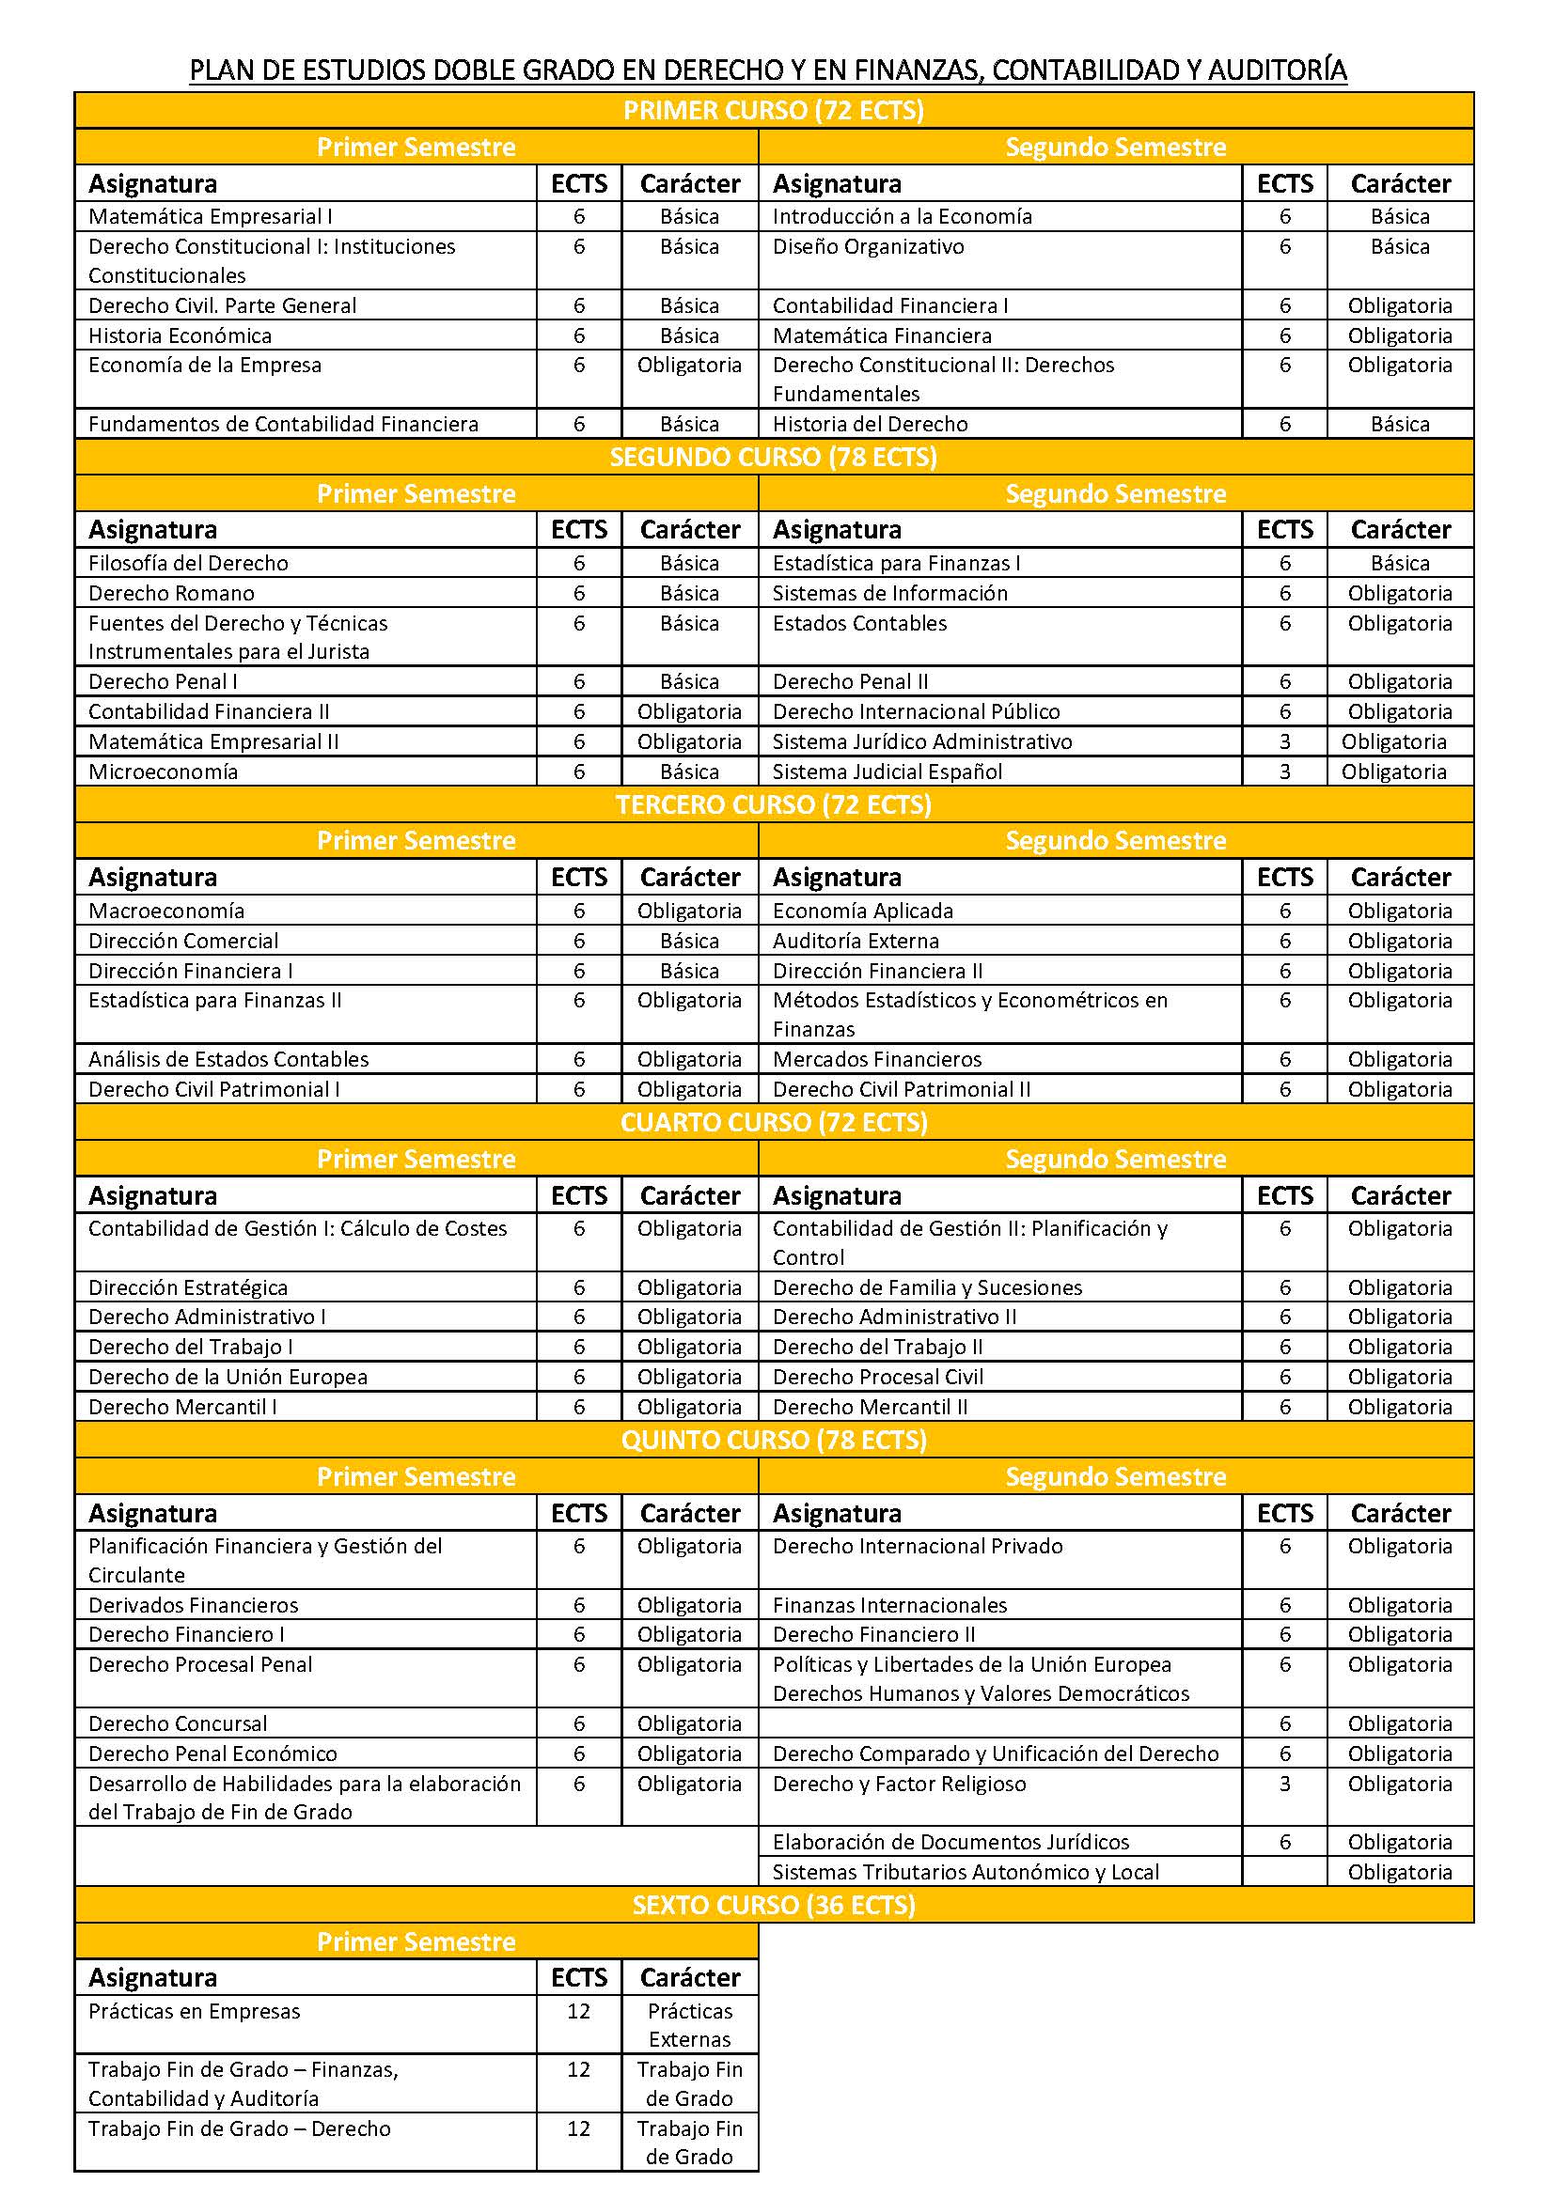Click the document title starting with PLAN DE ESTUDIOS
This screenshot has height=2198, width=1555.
point(768,70)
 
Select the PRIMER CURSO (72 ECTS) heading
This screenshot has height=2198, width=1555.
point(774,111)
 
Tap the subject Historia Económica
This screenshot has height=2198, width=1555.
point(180,336)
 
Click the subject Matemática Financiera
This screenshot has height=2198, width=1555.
point(882,336)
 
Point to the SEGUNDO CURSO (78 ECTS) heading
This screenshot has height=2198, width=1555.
point(774,458)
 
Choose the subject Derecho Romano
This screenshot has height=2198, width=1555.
point(171,594)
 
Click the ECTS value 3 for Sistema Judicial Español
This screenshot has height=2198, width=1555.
point(1285,772)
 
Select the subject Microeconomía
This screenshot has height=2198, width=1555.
point(163,772)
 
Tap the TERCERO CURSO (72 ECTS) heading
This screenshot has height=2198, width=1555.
point(774,805)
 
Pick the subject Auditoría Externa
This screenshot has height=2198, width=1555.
point(856,941)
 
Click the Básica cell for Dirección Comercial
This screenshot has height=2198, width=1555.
point(689,941)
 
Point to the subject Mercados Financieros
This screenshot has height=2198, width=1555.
point(877,1060)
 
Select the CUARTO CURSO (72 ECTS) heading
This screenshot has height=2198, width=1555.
point(774,1123)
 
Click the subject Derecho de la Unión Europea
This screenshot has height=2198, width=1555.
point(228,1378)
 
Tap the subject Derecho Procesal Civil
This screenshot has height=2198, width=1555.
point(878,1378)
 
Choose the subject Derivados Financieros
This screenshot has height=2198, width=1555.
point(194,1605)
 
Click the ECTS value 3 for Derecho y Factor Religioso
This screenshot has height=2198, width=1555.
point(1285,1785)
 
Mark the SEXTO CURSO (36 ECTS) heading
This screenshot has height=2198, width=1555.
point(774,1906)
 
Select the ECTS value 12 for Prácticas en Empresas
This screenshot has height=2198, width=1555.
point(578,2012)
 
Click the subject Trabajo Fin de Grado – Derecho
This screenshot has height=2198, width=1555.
point(240,2129)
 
